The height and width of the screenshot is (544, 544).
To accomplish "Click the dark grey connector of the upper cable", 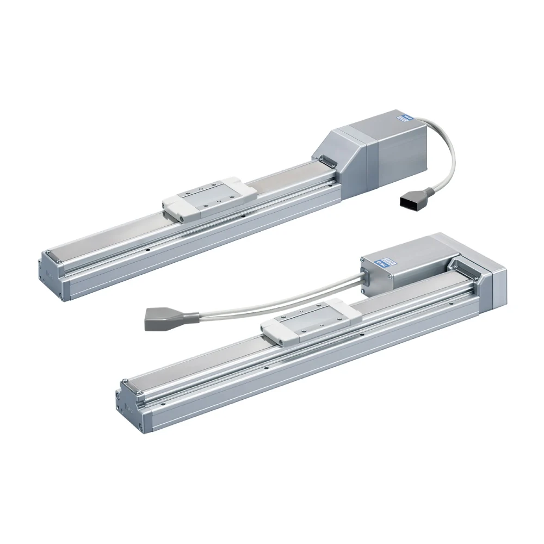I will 412,202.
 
